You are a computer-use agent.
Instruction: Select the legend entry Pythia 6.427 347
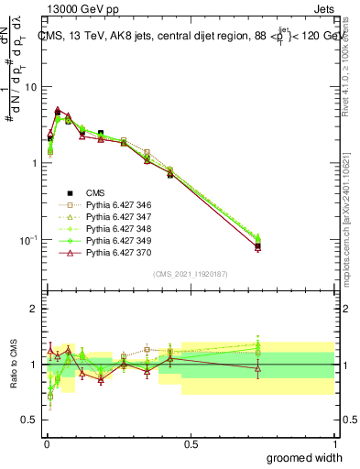[111, 219]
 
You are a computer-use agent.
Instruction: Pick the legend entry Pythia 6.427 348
[111, 231]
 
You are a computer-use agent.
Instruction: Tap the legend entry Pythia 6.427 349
[111, 243]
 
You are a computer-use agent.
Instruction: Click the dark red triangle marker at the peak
[58, 110]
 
